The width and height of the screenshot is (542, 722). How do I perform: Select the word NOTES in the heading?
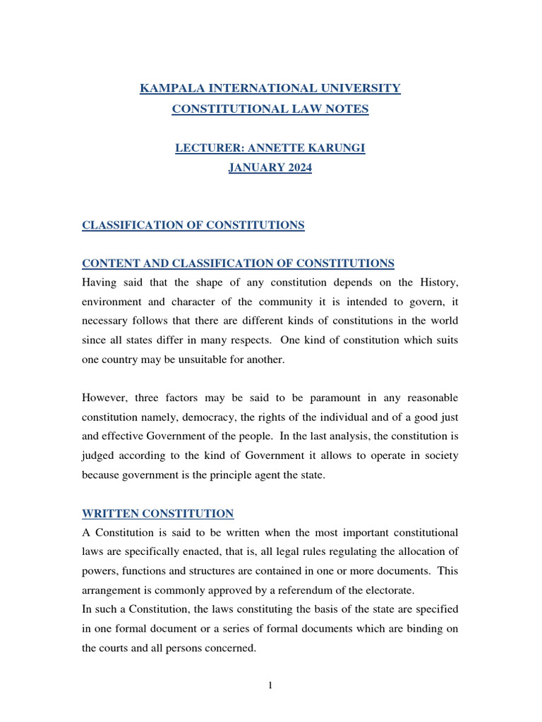coord(345,109)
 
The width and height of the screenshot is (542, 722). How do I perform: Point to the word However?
coord(105,398)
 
